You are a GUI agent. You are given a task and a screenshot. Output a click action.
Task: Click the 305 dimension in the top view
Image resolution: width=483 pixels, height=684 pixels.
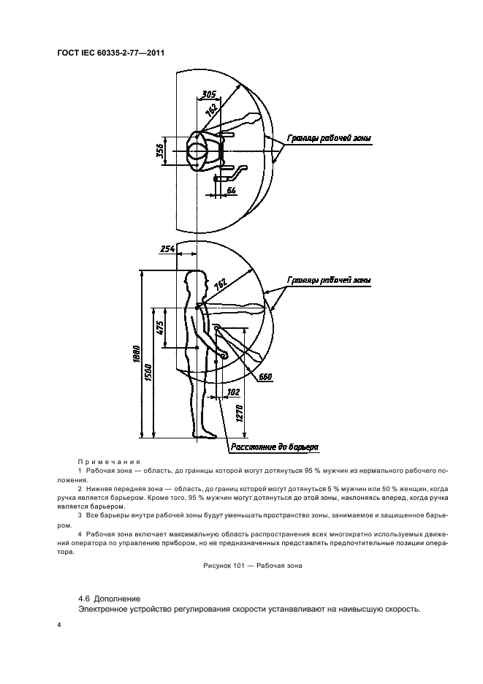208,94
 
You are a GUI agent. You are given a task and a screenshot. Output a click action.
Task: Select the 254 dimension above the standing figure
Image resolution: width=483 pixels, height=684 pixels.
168,250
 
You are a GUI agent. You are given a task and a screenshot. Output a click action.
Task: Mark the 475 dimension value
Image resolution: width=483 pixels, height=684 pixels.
159,327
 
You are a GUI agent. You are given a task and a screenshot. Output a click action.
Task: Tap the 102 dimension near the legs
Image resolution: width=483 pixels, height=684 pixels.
233,392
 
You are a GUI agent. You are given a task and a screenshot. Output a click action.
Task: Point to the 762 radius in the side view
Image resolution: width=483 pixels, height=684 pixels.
220,282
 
